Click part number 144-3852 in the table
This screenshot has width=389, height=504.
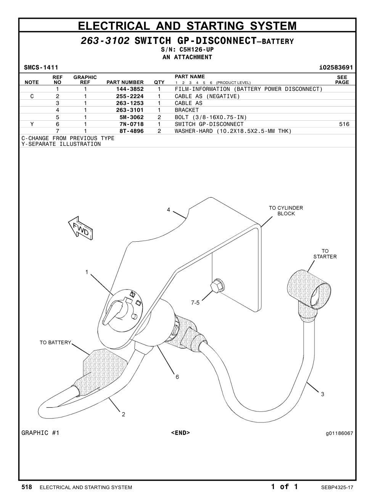(130, 89)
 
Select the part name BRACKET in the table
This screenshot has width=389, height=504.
(187, 110)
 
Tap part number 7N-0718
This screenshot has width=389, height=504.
(131, 124)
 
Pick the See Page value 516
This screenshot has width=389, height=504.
(344, 124)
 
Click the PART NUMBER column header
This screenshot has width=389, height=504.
(125, 82)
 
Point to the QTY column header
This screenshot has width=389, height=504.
(159, 82)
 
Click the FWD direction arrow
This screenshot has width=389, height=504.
(80, 228)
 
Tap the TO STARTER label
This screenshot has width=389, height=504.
(325, 254)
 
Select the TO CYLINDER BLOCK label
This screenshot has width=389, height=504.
(286, 211)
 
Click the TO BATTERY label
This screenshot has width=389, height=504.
(55, 342)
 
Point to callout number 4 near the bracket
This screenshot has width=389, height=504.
(169, 210)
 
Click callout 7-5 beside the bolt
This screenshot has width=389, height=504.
(195, 302)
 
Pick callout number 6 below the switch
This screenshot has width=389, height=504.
(177, 377)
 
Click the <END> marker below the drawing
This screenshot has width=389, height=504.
(180, 433)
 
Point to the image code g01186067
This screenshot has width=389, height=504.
(339, 433)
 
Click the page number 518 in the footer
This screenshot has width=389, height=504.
(27, 487)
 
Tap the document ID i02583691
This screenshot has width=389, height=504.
(336, 68)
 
